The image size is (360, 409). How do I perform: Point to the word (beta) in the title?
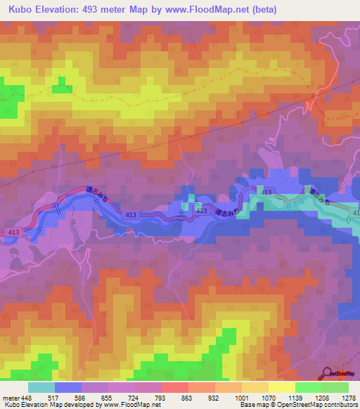(x=259, y=9)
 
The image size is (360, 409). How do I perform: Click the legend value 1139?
(x=295, y=398)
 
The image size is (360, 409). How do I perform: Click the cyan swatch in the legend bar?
(x=41, y=387)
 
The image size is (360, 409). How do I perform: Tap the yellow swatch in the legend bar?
(x=282, y=387)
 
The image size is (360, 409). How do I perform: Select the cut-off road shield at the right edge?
(x=355, y=212)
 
